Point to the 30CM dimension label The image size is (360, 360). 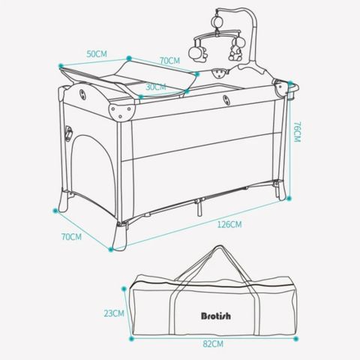pos(154,86)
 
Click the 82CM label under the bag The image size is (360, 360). pos(213,344)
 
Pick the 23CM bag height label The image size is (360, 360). pos(115,313)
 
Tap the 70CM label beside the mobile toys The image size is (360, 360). pos(170,61)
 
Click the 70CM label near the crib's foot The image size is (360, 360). pos(71,236)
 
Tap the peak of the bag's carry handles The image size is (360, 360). pos(217,250)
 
